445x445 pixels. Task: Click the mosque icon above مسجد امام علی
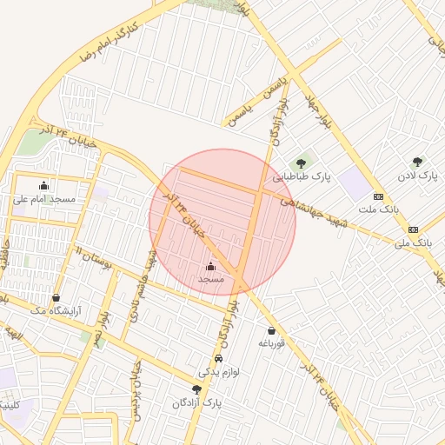[x=44, y=184]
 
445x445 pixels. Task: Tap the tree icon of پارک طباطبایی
[x=302, y=162]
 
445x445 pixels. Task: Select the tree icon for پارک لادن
[x=418, y=162]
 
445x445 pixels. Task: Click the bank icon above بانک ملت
[x=378, y=196]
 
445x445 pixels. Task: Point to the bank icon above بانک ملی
[x=413, y=229]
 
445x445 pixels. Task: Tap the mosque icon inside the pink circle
[x=211, y=266]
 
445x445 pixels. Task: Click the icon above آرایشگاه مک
[x=56, y=297]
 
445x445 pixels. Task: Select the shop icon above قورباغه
[x=272, y=330]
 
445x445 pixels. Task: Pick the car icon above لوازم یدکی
[x=217, y=358]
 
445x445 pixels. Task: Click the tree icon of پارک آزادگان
[x=196, y=389]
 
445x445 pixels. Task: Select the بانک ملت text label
[x=378, y=209]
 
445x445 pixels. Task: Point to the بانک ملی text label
[x=413, y=242]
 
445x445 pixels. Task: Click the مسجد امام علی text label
[x=44, y=198]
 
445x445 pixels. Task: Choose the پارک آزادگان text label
[x=197, y=403]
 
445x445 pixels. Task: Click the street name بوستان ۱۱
[x=96, y=257]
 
